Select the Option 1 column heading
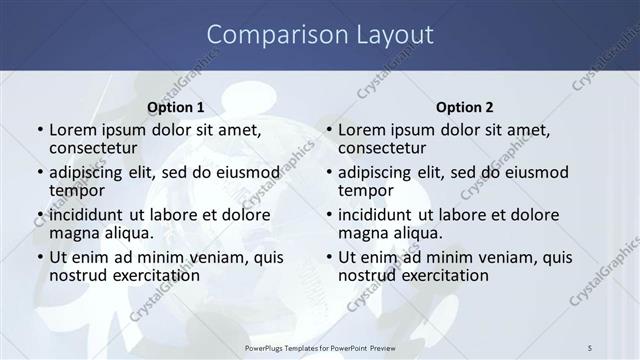(175, 107)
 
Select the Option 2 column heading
(465, 107)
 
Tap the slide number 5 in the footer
(591, 347)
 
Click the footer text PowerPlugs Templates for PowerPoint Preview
(320, 347)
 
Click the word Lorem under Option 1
(72, 130)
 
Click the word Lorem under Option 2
(361, 130)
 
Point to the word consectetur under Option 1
(93, 148)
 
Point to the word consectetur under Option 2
(382, 148)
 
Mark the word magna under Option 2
(361, 233)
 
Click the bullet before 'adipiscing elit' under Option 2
(328, 172)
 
